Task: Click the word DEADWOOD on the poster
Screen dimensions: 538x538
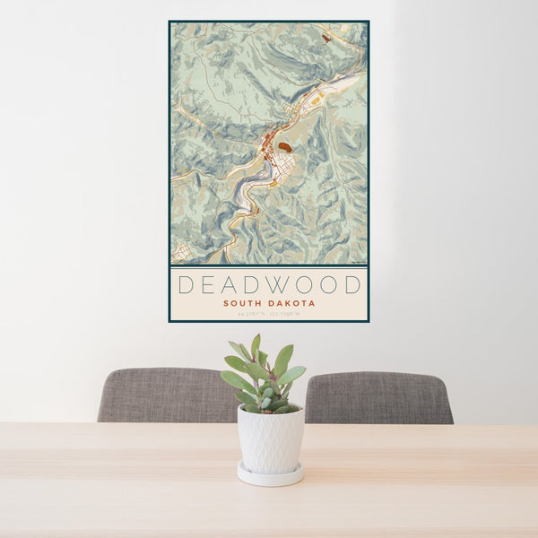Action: [269, 285]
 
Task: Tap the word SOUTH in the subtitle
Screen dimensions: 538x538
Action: [244, 303]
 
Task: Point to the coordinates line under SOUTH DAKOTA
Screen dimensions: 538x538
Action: [269, 314]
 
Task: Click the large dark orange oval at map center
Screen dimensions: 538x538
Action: [284, 146]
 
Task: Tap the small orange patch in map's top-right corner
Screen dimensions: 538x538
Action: [326, 38]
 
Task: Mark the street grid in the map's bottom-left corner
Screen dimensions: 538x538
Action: [179, 251]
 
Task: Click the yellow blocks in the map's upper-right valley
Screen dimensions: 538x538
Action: [316, 100]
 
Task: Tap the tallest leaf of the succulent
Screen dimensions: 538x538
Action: [256, 345]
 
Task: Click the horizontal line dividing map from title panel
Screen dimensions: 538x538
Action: [269, 265]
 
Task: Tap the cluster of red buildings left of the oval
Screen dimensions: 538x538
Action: [268, 143]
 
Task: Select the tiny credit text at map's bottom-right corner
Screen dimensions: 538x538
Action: [359, 262]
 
